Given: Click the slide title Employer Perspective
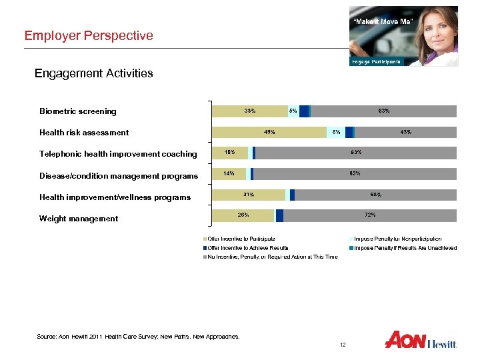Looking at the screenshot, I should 89,35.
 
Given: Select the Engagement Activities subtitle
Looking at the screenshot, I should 93,73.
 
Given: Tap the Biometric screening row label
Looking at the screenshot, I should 77,111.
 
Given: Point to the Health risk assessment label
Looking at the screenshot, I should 84,133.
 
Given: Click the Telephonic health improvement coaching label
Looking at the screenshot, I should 118,154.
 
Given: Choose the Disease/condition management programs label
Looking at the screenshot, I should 119,176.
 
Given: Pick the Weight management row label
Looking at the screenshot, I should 79,219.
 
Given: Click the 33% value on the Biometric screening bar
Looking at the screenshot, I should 250,111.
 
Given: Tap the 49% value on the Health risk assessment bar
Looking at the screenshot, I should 269,132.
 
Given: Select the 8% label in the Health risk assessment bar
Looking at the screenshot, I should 337,132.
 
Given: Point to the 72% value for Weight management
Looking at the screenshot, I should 371,215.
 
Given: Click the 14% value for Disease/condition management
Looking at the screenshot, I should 229,173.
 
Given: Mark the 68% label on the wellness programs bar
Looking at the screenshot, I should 375,194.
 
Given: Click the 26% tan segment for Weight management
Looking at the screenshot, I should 243,215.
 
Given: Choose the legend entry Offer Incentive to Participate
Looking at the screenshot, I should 241,239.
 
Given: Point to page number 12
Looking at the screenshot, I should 343,345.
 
